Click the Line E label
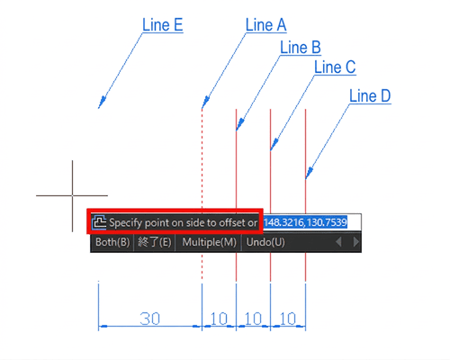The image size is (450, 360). coord(162,24)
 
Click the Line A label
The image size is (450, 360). coord(265,24)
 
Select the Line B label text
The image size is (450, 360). coord(301,48)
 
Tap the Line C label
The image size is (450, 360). coord(335,67)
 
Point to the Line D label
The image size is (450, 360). coord(370,96)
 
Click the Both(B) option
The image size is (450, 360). coord(112,242)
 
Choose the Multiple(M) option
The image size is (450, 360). coord(209,242)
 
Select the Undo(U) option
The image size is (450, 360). coord(265,242)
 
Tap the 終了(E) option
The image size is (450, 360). coord(155,242)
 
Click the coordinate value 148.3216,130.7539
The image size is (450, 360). coord(305,222)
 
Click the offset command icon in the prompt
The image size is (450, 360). coord(99,222)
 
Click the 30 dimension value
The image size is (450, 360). coord(150,319)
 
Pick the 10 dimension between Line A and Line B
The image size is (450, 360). coord(219,319)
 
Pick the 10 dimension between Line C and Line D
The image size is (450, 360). coord(288,319)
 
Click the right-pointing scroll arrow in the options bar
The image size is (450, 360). coord(355,242)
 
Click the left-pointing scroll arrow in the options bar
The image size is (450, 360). coord(338,242)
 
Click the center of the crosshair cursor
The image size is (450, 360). coord(72,195)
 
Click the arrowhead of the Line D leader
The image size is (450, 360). coord(309,173)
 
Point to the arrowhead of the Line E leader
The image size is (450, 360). coord(102,102)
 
